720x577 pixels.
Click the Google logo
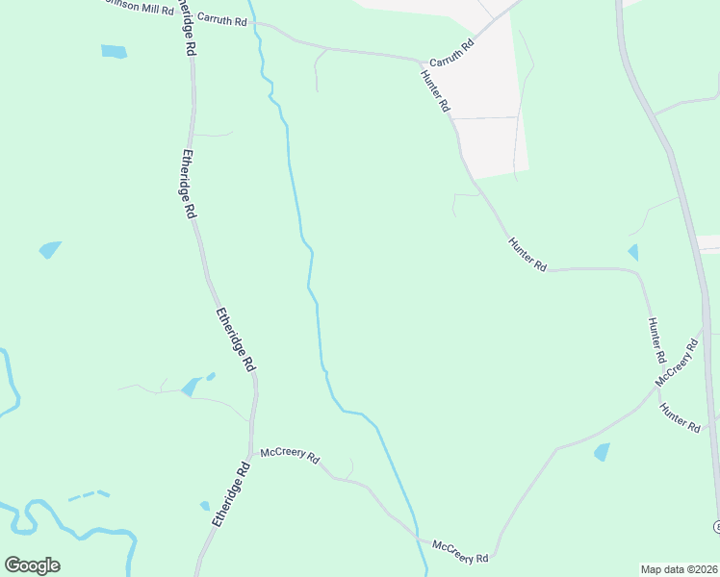tap(32, 565)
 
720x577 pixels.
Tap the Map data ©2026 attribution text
tap(680, 569)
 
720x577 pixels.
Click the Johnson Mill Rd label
tap(140, 8)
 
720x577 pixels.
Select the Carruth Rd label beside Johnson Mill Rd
tap(221, 18)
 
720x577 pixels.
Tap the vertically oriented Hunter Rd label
tap(657, 339)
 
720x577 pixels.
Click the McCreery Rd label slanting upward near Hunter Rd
tap(676, 363)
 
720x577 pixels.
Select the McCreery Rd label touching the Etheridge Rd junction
tap(290, 454)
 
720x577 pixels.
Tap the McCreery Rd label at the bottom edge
tap(460, 551)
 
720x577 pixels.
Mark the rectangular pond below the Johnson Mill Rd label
tap(114, 51)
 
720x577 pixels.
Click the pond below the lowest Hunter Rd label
tap(603, 451)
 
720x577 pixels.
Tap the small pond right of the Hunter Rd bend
tap(632, 252)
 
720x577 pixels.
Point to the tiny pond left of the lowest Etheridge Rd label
tap(204, 506)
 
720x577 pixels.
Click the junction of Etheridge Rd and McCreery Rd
tap(252, 450)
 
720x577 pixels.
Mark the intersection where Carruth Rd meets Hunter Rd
tap(422, 63)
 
